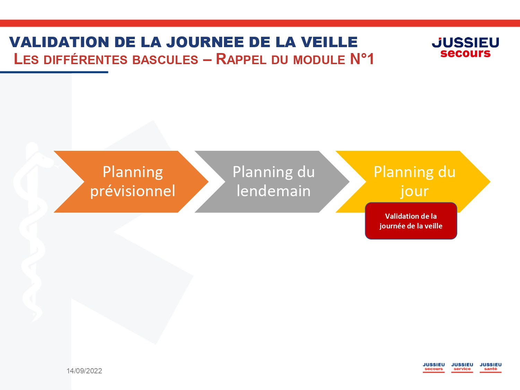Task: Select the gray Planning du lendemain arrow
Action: point(272,182)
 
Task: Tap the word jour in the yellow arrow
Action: point(414,191)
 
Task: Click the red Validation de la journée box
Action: point(411,221)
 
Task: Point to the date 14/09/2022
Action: point(84,371)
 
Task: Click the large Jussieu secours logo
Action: point(466,47)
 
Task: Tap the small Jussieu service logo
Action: point(462,367)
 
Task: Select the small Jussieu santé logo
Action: point(491,367)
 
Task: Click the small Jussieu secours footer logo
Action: point(434,367)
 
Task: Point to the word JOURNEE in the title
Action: point(205,42)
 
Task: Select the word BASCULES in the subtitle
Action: point(165,60)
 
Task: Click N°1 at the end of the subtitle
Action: point(362,59)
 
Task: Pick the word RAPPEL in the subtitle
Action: point(241,59)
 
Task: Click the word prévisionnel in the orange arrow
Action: point(133,191)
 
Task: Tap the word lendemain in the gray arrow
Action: point(274,191)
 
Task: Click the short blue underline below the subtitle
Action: point(54,72)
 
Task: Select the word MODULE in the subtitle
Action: point(319,60)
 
